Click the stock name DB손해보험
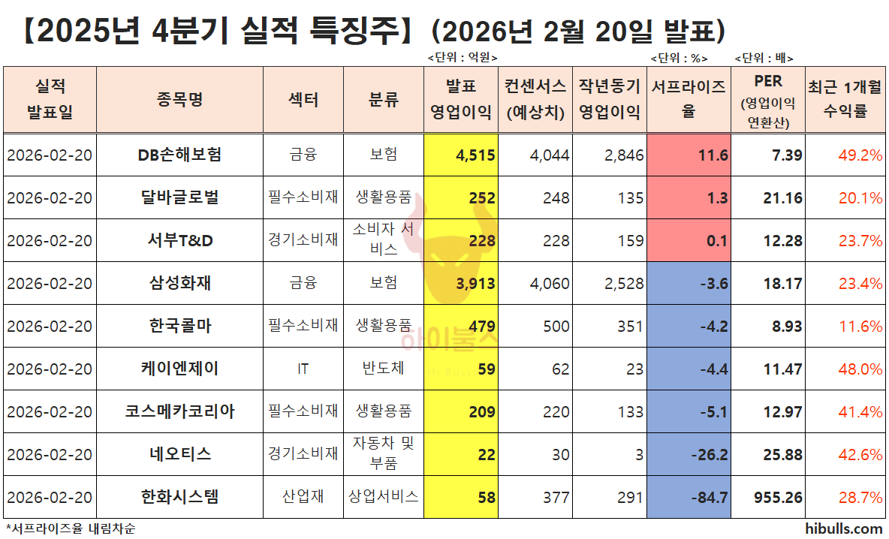point(180,155)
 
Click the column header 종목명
point(180,100)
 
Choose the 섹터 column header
point(303,100)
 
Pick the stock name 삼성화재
point(180,283)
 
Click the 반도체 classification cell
point(383,369)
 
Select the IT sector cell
point(303,369)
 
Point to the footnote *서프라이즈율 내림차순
point(71,528)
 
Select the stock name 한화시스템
point(180,497)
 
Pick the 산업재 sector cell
point(303,497)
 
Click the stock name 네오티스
point(180,454)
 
